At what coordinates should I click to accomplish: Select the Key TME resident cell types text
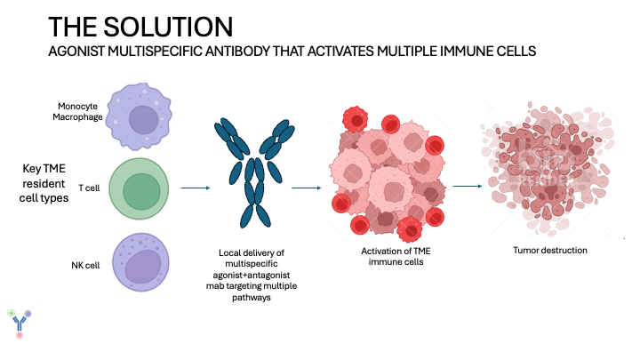pos(44,182)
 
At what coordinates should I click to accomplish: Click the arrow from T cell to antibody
pos(195,188)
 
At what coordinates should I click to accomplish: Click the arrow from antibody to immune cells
pos(306,188)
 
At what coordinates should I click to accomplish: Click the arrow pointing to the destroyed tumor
pos(468,186)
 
